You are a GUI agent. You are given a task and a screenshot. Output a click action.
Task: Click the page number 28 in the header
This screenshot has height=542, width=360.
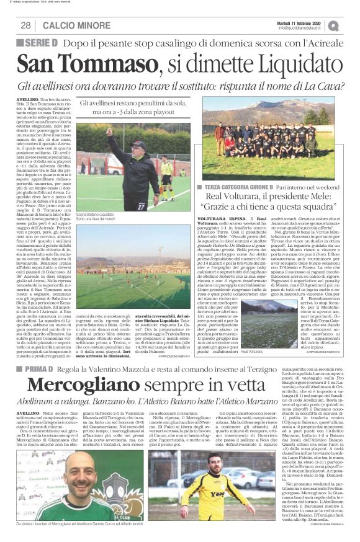[25, 25]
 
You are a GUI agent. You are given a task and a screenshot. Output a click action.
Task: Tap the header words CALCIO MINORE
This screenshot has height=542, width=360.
[68, 25]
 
